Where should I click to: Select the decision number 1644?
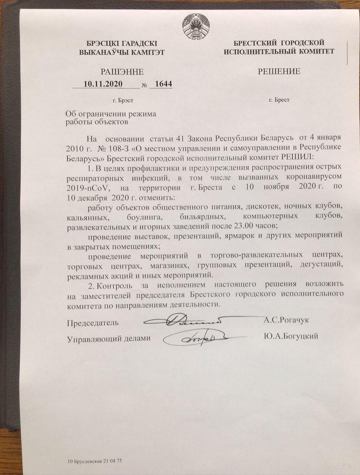click(163, 84)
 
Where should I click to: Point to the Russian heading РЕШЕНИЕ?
click(279, 71)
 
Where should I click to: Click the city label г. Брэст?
click(122, 100)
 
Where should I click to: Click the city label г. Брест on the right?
click(279, 100)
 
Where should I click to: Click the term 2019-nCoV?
click(86, 187)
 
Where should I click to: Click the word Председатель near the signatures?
click(93, 322)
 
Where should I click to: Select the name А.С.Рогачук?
click(286, 320)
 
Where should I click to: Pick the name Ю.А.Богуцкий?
click(291, 337)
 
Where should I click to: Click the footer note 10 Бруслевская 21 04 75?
click(95, 461)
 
